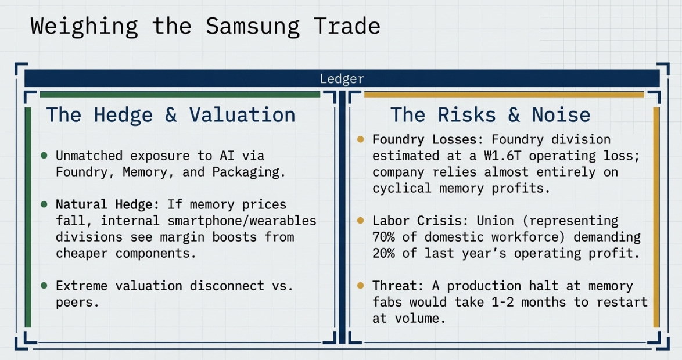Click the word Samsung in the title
point(252,27)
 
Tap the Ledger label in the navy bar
point(342,79)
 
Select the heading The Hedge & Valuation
point(171,115)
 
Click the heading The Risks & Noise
point(491,115)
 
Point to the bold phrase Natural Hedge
point(105,204)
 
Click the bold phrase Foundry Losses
point(425,139)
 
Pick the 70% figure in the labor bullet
point(383,237)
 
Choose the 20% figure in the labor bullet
point(383,254)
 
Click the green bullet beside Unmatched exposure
point(44,155)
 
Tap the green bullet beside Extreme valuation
point(44,286)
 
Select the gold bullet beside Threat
point(360,286)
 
